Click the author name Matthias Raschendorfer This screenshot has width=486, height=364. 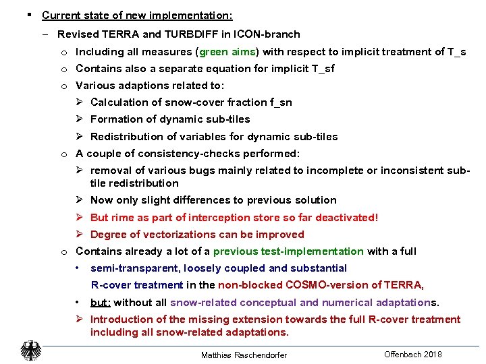pyautogui.click(x=244, y=355)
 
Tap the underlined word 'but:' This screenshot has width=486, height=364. pyautogui.click(x=101, y=303)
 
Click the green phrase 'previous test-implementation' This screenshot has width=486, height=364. pyautogui.click(x=288, y=251)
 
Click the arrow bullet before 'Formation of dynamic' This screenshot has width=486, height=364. pyautogui.click(x=79, y=119)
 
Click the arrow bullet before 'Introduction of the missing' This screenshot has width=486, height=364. pyautogui.click(x=79, y=320)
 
